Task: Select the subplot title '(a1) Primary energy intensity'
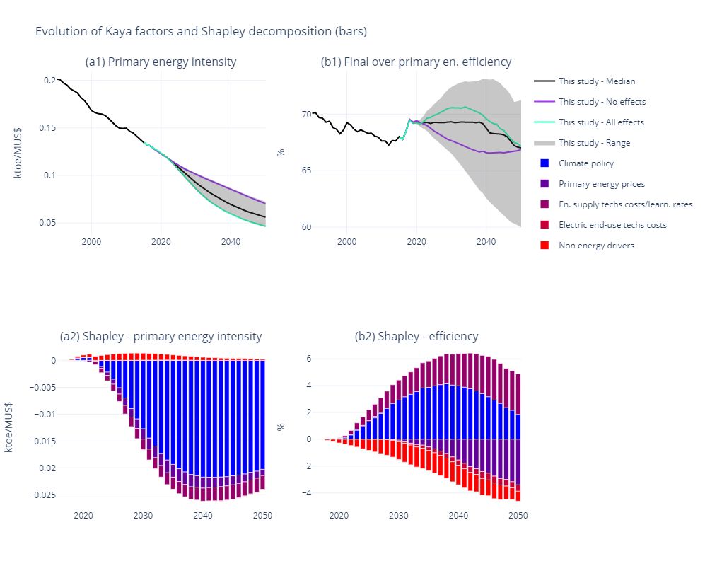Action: (x=161, y=62)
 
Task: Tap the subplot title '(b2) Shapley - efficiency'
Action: (x=416, y=337)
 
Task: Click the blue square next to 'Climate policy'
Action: (x=544, y=163)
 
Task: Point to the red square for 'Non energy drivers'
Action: (x=544, y=246)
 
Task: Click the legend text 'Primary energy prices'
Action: (x=602, y=184)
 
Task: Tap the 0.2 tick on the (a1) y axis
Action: (x=49, y=81)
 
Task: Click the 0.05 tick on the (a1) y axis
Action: (x=47, y=223)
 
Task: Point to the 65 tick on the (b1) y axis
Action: (x=306, y=171)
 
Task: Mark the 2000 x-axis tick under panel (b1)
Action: (x=346, y=241)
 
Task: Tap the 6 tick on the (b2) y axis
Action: (x=308, y=359)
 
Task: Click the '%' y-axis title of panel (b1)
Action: (x=281, y=152)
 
